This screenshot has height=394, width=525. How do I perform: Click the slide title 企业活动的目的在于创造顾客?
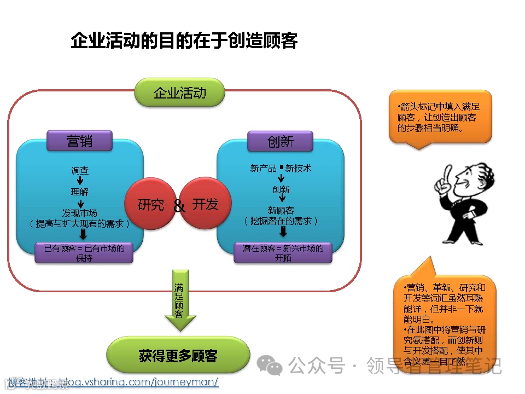click(184, 41)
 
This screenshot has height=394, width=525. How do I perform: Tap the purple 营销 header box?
click(80, 141)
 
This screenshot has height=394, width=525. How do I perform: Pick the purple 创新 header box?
click(280, 141)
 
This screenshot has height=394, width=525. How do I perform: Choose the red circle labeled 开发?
click(206, 204)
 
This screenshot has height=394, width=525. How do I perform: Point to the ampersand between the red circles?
click(179, 206)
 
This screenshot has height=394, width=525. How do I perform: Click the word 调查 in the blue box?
click(80, 170)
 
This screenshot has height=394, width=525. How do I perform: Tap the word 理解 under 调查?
click(80, 192)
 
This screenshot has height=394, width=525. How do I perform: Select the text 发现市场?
click(80, 212)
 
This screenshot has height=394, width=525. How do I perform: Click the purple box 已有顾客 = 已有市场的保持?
click(84, 252)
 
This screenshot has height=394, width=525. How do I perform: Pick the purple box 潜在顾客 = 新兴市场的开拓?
click(283, 252)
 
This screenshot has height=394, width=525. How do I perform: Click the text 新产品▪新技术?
click(281, 168)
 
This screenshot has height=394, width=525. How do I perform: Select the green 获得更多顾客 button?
click(178, 356)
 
